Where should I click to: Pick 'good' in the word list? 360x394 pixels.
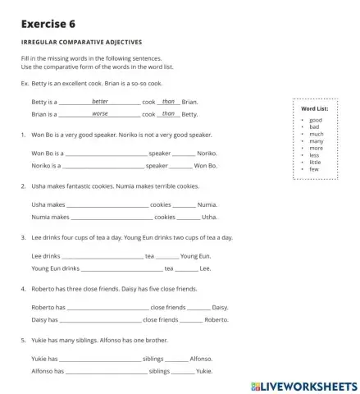tap(316, 120)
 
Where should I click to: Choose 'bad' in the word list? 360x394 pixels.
tap(314, 126)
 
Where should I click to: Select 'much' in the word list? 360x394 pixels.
tap(317, 134)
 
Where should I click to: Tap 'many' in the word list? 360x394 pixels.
tap(317, 141)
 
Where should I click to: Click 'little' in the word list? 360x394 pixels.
tap(316, 162)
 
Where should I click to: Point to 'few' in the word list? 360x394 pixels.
tap(314, 169)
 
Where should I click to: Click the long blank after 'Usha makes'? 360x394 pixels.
tap(107, 205)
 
